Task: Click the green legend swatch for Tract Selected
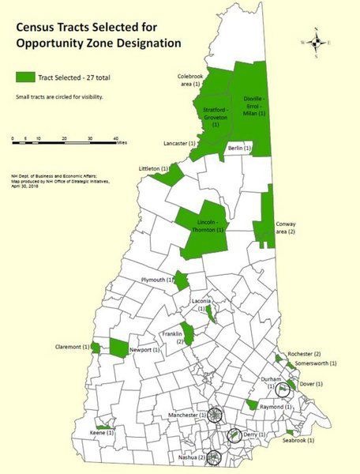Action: click(x=28, y=77)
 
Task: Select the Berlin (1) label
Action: click(x=239, y=149)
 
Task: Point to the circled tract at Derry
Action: click(x=234, y=435)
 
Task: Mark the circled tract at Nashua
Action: click(x=214, y=456)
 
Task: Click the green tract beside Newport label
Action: click(x=119, y=348)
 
